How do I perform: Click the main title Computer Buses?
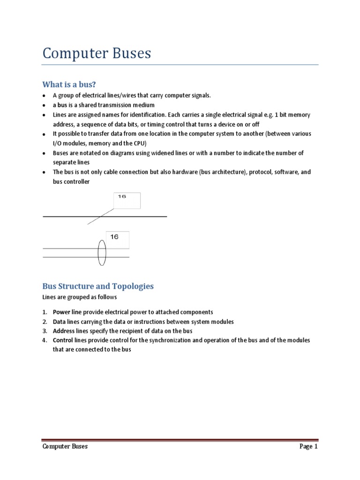pyautogui.click(x=97, y=53)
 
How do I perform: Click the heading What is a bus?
pyautogui.click(x=69, y=84)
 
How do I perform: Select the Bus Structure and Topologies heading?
pyautogui.click(x=98, y=286)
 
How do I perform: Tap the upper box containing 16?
pyautogui.click(x=127, y=201)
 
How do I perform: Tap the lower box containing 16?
pyautogui.click(x=117, y=240)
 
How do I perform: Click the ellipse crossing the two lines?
pyautogui.click(x=102, y=253)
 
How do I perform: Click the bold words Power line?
pyautogui.click(x=68, y=312)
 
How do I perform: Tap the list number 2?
pyautogui.click(x=45, y=322)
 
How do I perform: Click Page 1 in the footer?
pyautogui.click(x=308, y=447)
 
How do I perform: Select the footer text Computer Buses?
pyautogui.click(x=65, y=447)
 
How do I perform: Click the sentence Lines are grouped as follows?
pyautogui.click(x=80, y=297)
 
